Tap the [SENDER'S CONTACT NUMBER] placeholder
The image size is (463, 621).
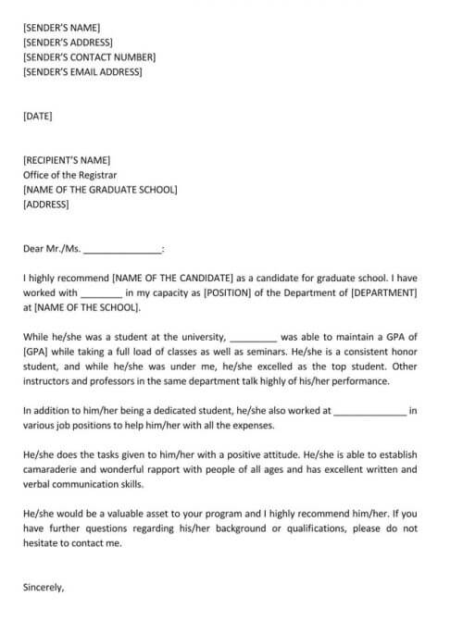point(89,57)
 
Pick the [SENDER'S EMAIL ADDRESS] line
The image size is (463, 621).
point(82,72)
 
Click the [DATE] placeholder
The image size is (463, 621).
point(38,117)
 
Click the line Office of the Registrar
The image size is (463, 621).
point(70,175)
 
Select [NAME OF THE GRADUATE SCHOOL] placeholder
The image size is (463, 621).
point(100,190)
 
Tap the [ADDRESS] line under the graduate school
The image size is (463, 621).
point(45,205)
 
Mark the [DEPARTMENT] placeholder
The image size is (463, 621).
point(383,293)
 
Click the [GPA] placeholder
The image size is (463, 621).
point(36,353)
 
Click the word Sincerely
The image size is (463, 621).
point(44,587)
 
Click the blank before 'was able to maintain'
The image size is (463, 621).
point(251,338)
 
